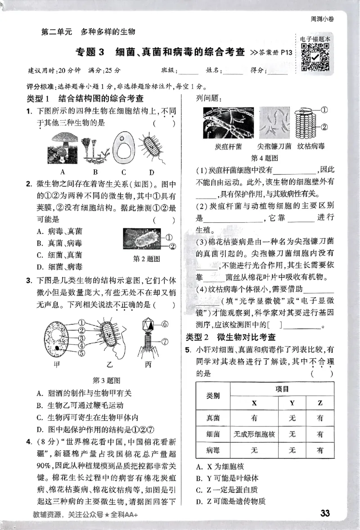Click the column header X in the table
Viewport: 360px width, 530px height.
pos(254,403)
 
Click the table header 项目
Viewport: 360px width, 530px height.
pos(282,389)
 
